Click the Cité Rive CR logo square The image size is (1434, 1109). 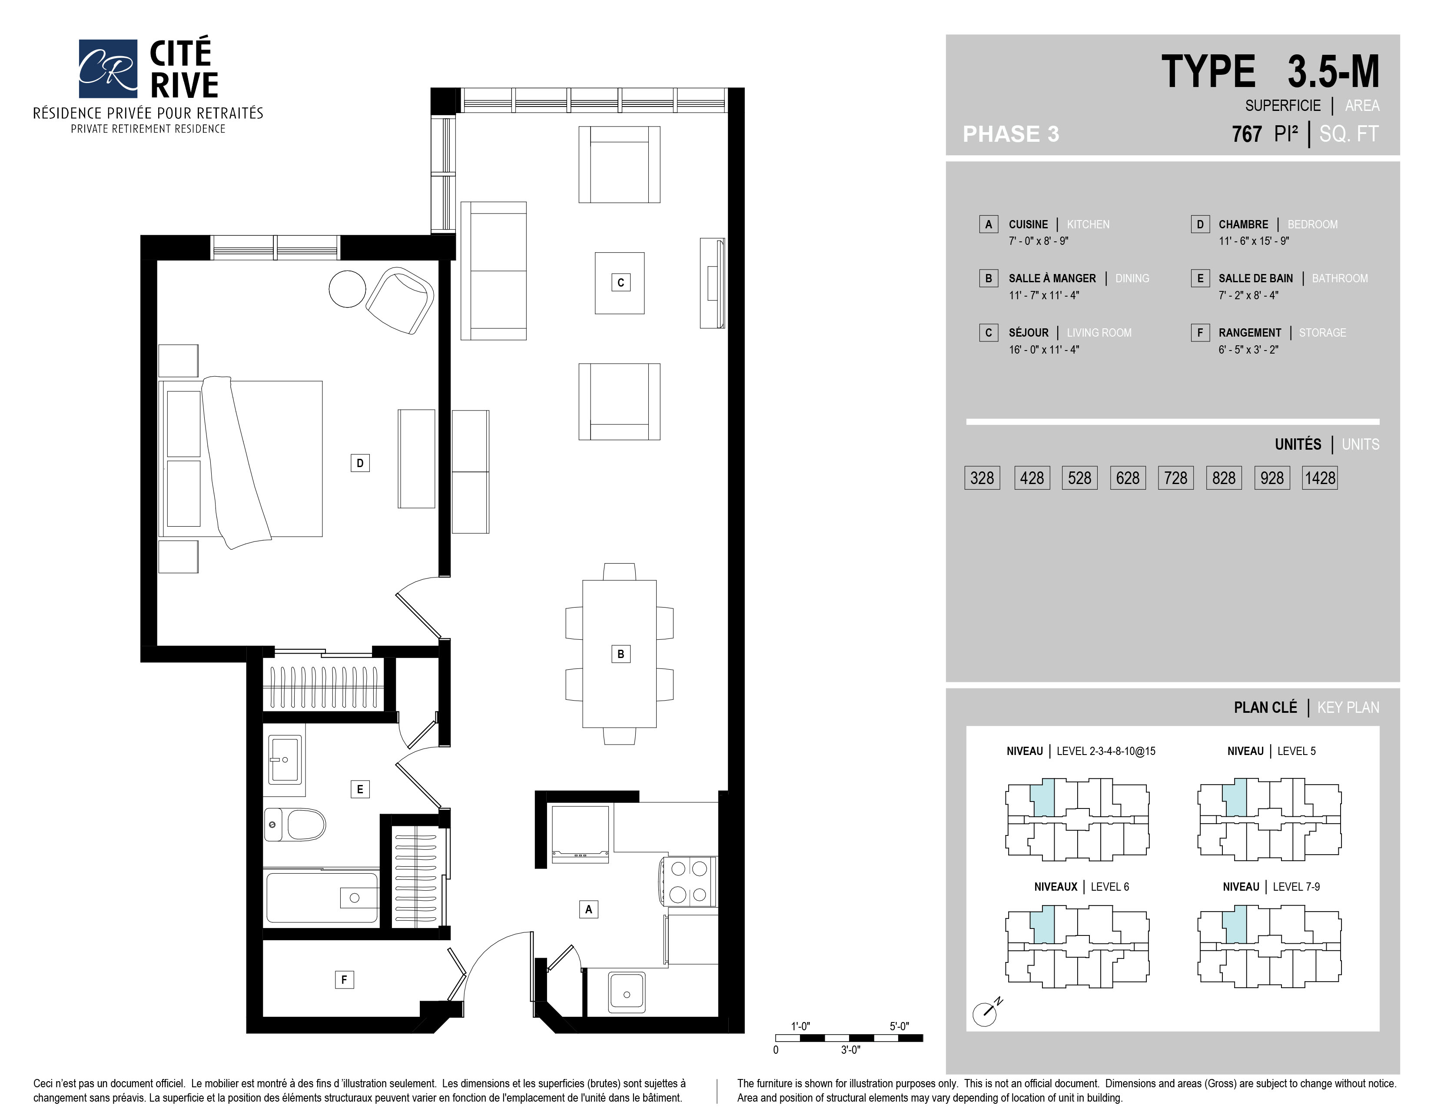pos(108,68)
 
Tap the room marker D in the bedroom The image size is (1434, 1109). pos(360,463)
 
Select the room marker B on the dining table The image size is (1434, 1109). pos(621,654)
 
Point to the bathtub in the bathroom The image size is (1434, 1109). pos(321,898)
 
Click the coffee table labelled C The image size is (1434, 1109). pos(620,283)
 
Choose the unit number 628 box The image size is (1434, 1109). pos(1128,478)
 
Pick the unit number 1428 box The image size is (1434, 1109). pos(1320,478)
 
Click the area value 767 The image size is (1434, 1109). pos(1247,134)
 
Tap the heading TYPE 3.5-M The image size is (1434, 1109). pos(1271,72)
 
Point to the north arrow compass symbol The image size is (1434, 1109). pos(986,1012)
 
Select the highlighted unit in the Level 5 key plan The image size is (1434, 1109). pos(1235,798)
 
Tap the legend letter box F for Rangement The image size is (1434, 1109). pos(1200,332)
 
